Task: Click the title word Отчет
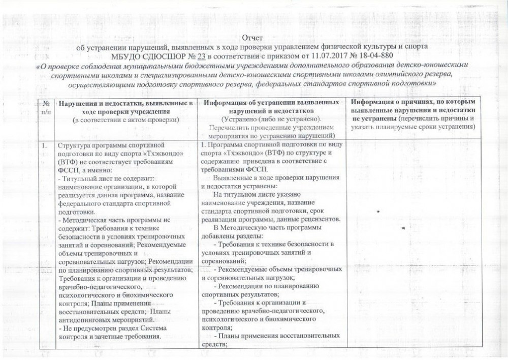252,37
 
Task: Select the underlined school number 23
202,55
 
